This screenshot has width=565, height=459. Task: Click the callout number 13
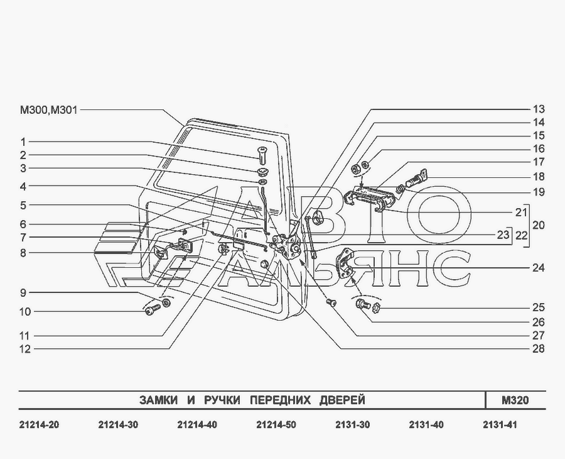point(539,109)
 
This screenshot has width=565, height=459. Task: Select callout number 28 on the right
point(539,348)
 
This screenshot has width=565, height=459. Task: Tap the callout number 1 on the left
point(23,142)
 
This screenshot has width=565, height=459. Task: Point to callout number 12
point(25,349)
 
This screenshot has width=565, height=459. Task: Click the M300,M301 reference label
point(48,109)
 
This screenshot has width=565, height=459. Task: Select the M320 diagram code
point(515,400)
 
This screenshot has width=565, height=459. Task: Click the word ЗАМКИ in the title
point(159,400)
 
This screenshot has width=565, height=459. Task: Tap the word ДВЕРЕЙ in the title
point(342,400)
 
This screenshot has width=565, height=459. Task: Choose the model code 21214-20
point(39,425)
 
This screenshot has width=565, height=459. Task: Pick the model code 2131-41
point(500,425)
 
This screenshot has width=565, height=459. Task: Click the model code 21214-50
point(276,425)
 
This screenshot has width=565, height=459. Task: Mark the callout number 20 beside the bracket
point(539,225)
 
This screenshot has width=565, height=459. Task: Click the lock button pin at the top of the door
point(262,154)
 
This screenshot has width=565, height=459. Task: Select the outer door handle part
point(367,199)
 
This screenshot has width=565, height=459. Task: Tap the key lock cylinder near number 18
point(417,178)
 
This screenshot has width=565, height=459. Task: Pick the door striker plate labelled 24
point(345,263)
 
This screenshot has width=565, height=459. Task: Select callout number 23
point(503,235)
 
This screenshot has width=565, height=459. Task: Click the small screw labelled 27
point(331,303)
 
